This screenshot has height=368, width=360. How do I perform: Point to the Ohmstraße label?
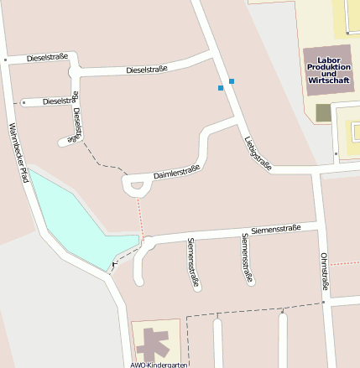(324, 273)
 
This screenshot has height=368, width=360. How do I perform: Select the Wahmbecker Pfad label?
(18, 153)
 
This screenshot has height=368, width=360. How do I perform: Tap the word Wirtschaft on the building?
(327, 80)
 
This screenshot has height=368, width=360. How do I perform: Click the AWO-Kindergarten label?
(159, 364)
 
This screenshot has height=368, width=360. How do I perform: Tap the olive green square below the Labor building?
(324, 112)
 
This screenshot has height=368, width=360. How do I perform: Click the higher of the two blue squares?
(232, 80)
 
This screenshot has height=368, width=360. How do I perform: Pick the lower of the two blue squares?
(221, 87)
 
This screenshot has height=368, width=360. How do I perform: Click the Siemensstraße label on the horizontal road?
(276, 229)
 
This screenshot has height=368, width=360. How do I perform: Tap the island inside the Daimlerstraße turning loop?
(134, 186)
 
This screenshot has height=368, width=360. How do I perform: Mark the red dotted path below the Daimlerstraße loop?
(141, 216)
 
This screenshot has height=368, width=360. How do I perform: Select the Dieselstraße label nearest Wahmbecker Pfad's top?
(47, 59)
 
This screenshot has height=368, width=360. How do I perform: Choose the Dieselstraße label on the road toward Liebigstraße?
(147, 70)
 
